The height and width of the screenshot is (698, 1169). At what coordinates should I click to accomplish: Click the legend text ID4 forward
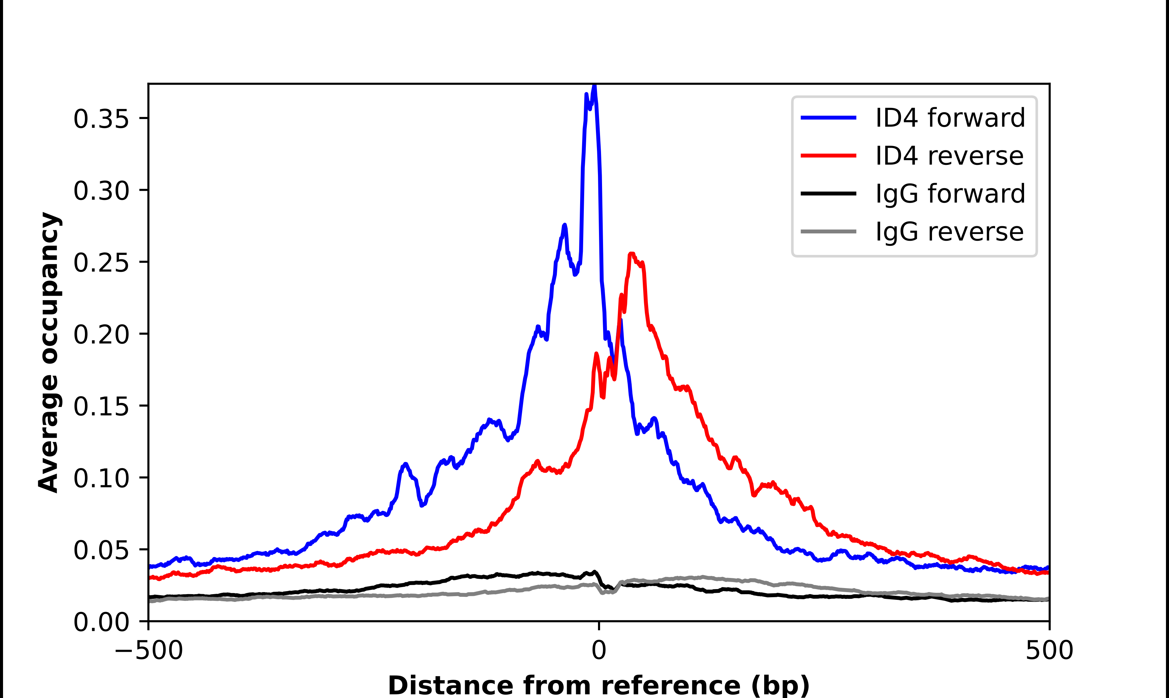(x=950, y=118)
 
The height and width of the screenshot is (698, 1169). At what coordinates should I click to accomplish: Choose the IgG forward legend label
(x=950, y=194)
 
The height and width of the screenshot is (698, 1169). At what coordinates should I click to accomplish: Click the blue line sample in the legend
(x=828, y=118)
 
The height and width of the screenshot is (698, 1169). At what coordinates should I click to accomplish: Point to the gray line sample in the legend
(x=828, y=231)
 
